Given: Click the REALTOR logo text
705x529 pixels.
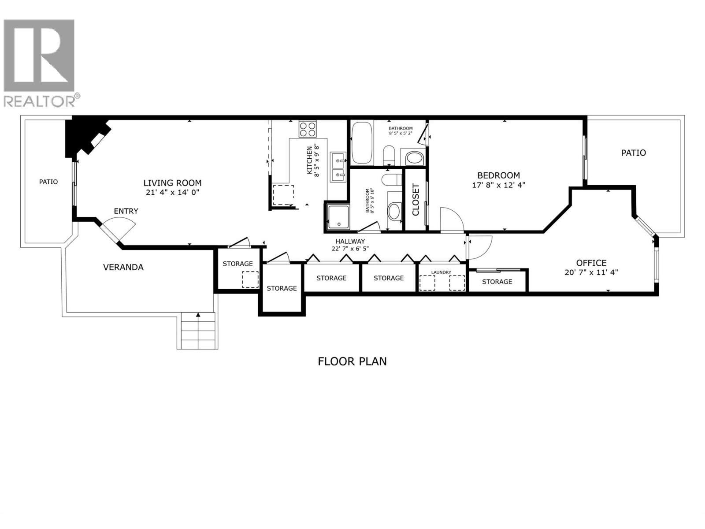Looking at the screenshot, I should [41, 101].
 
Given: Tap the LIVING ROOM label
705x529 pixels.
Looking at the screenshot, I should [172, 183].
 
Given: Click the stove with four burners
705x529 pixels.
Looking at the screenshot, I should [308, 129].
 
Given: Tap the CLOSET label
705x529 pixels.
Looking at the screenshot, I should [416, 199].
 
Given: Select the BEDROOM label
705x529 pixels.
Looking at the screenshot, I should [498, 175].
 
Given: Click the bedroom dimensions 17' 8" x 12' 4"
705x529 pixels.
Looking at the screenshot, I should [498, 185].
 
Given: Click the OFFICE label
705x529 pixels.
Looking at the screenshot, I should [591, 263].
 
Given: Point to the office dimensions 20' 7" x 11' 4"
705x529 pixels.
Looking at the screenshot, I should [591, 272].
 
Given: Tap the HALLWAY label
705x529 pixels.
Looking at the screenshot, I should [350, 241].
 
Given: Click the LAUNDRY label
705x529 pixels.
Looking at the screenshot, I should [441, 272].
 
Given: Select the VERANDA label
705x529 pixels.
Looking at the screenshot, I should [123, 267].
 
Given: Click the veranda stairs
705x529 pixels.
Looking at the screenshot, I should [198, 332].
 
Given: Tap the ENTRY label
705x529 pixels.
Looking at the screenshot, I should [126, 211].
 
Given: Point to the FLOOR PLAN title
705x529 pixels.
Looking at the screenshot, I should [352, 361].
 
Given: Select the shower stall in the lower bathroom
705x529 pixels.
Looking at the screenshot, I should [338, 217].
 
